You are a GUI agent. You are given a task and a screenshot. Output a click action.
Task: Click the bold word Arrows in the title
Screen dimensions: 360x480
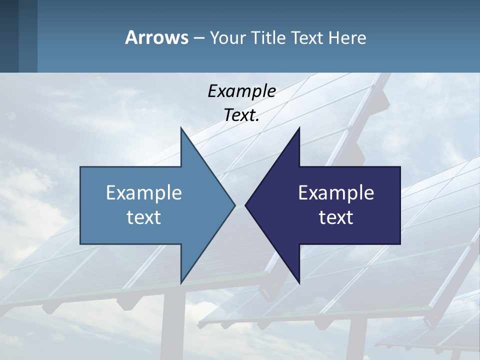(156, 37)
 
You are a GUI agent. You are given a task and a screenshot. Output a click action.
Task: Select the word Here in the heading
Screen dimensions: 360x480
(347, 38)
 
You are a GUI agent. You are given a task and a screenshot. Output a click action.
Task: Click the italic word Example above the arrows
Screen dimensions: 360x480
(241, 91)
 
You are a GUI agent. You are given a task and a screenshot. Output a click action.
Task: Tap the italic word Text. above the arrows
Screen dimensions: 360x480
(241, 115)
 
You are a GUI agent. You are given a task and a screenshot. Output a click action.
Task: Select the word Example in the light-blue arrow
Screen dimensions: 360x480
(144, 192)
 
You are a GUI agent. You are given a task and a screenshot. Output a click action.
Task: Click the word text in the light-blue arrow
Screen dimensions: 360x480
(144, 217)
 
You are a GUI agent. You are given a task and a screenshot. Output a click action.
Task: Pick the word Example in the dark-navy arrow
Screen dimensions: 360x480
(336, 192)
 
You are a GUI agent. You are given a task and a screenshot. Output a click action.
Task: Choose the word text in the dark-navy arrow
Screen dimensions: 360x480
(336, 217)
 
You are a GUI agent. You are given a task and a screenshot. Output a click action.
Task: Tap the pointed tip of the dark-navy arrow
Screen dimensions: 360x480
(246, 205)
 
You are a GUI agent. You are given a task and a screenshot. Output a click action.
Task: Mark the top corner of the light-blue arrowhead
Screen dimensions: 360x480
(181, 128)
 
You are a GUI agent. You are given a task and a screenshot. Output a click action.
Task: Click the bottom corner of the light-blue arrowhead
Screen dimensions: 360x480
(181, 282)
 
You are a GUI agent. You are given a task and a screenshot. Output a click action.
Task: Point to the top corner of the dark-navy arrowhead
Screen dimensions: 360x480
(299, 128)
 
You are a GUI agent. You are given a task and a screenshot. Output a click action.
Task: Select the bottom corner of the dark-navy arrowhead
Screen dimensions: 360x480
(299, 282)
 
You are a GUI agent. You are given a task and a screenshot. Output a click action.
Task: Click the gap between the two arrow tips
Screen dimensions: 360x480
(240, 205)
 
